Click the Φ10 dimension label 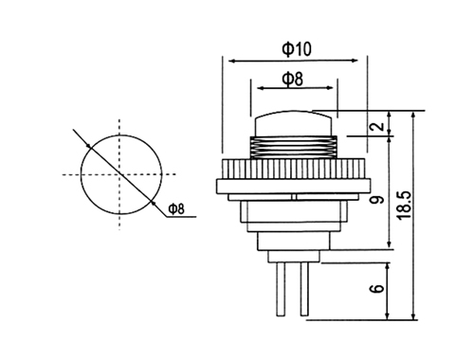coord(297,49)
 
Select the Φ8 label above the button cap coord(292,79)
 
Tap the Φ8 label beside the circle coord(176,208)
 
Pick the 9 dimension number coord(377,200)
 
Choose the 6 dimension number coord(377,288)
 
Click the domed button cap coord(294,123)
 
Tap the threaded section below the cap coord(294,148)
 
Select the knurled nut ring coord(294,169)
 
